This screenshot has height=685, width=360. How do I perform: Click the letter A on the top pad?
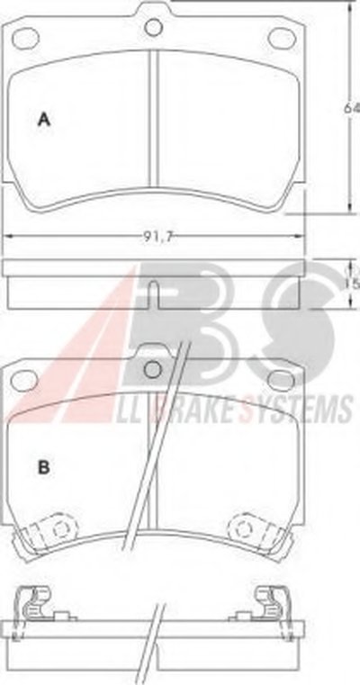tap(44, 119)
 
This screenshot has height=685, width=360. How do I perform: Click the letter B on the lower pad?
tap(44, 467)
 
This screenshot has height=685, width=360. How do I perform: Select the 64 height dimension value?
tap(351, 108)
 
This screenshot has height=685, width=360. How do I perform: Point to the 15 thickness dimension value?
tap(353, 284)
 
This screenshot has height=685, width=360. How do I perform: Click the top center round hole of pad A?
tap(153, 27)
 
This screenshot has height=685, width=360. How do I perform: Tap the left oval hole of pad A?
tap(26, 38)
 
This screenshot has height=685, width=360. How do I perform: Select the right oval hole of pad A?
tap(282, 38)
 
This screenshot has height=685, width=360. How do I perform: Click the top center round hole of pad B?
tap(153, 370)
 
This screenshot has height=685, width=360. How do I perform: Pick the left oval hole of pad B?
tap(24, 381)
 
